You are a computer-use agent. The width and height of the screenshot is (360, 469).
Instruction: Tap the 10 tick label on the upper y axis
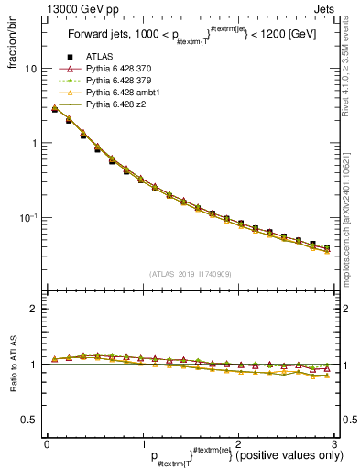pyautogui.click(x=31, y=69)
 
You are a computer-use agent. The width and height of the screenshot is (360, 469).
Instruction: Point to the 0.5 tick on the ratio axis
pyautogui.click(x=28, y=420)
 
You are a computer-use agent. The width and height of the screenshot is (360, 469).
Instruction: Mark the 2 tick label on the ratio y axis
pyautogui.click(x=33, y=309)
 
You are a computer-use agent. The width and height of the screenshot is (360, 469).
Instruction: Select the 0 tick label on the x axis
pyautogui.click(x=46, y=443)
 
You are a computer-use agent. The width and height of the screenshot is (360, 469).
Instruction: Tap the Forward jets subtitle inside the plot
pyautogui.click(x=189, y=35)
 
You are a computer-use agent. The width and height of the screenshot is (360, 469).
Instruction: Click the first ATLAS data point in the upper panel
pyautogui.click(x=55, y=109)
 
